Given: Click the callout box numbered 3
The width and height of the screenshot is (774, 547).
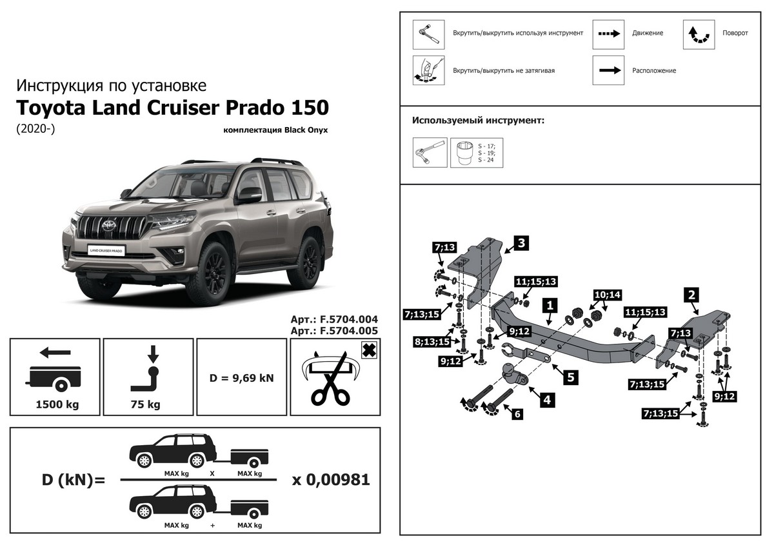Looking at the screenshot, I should [521, 243].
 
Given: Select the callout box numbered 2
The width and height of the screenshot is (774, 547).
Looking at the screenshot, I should [691, 295].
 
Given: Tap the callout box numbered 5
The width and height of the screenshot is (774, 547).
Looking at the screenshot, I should [570, 376].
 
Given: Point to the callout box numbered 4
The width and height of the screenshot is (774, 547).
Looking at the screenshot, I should [546, 399].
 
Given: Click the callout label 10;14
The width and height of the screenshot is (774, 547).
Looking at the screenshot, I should [607, 295].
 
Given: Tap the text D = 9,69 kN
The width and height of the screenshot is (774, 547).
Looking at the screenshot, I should [242, 377].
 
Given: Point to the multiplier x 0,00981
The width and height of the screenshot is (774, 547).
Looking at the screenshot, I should [331, 480].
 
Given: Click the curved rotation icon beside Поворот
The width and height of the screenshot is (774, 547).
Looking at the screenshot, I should [699, 35].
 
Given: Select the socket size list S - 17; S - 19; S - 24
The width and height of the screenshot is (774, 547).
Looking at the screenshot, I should [486, 152].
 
